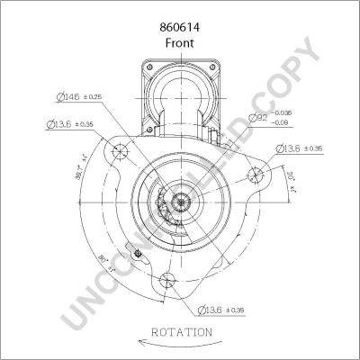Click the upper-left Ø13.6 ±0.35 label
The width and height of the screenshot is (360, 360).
(68, 125)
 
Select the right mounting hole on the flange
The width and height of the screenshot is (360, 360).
(255, 175)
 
